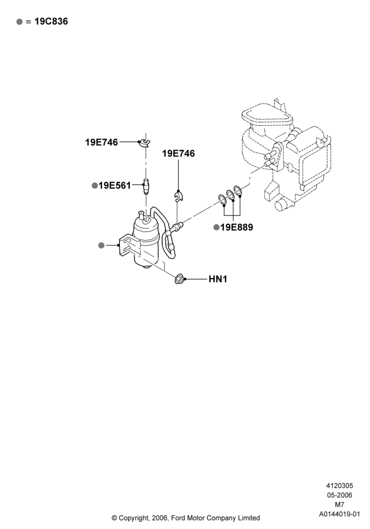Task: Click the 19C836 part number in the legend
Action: tap(51, 21)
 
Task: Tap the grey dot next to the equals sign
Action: tap(20, 22)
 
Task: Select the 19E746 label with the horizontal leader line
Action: tap(101, 142)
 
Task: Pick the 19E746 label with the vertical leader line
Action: tap(178, 153)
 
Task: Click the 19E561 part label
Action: tap(115, 186)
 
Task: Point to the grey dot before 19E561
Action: tap(95, 186)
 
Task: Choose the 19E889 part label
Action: tap(237, 227)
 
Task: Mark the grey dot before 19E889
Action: tap(216, 227)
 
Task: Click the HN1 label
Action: tap(218, 279)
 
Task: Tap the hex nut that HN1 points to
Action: tap(179, 279)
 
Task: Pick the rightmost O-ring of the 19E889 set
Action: tap(238, 190)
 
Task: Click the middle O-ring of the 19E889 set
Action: tap(230, 195)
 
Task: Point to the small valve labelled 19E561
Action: tap(146, 187)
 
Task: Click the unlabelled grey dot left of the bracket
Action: tap(101, 245)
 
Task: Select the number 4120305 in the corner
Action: tap(339, 486)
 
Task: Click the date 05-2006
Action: tap(339, 495)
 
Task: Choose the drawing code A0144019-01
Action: tap(339, 514)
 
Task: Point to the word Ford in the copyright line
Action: tap(179, 518)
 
